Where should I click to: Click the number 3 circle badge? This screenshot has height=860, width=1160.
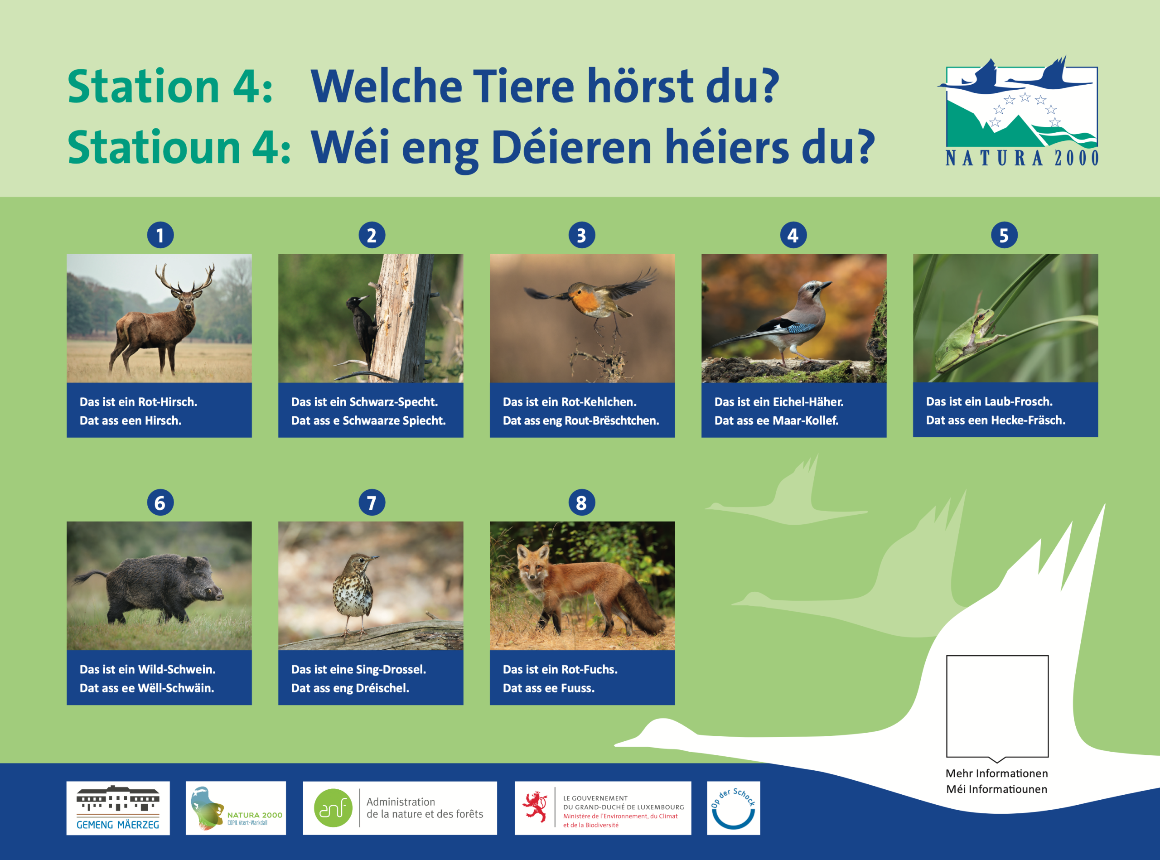pos(581,235)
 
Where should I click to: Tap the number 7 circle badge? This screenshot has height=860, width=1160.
pos(372,503)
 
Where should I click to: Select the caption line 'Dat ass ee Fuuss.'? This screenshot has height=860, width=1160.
pos(548,688)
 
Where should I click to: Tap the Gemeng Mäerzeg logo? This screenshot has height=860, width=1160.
pos(118,808)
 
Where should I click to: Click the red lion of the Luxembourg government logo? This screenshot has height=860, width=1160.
pos(535,807)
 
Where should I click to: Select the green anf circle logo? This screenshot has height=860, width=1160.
pos(333,808)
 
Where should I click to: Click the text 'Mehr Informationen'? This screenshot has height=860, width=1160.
pos(996,773)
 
